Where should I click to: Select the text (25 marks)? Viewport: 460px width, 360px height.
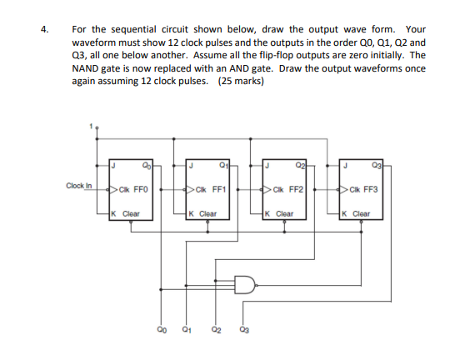click(240, 82)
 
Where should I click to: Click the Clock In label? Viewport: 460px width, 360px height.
click(79, 186)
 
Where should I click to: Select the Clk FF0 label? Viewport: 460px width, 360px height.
click(133, 189)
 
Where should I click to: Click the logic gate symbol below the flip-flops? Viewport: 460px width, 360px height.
click(247, 286)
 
